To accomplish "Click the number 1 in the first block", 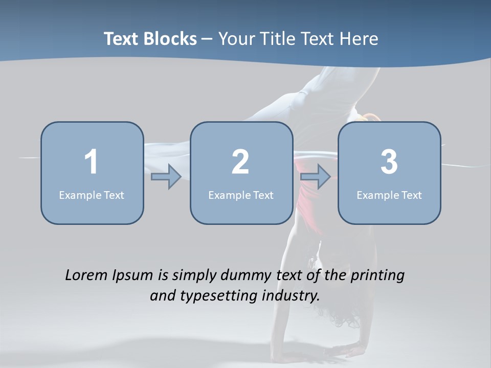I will pos(91,162).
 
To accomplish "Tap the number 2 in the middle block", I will pos(240,162).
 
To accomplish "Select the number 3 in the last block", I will pos(389,162).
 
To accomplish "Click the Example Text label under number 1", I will pos(92,195).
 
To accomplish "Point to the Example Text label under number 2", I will pos(241,195).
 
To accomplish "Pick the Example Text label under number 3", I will pos(389,195).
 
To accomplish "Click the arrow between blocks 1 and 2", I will pos(166,177).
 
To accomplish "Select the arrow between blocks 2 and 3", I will pos(316,177).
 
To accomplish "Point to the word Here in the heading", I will pos(359,39).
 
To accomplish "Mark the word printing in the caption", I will pos(378,275).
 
